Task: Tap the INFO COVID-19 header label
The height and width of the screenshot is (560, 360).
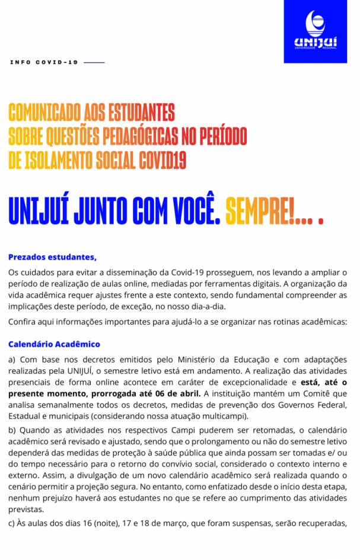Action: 44,62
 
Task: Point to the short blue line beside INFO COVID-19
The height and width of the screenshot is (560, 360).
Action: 94,62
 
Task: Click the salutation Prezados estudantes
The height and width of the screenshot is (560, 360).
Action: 52,257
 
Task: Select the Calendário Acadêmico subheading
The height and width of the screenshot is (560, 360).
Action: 54,344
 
